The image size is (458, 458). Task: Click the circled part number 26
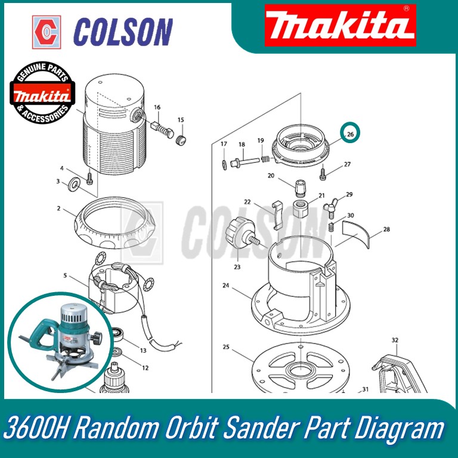pyautogui.click(x=350, y=134)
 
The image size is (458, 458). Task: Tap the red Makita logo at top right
pyautogui.click(x=341, y=26)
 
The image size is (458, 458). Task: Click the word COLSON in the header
pyautogui.click(x=123, y=32)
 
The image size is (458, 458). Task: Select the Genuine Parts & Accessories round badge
pyautogui.click(x=42, y=92)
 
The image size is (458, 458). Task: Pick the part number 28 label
pyautogui.click(x=386, y=229)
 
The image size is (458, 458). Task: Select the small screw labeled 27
pyautogui.click(x=323, y=172)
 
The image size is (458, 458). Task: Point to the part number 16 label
pyautogui.click(x=157, y=107)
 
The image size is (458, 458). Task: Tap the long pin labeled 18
pyautogui.click(x=245, y=162)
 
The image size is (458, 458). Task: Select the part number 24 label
pyautogui.click(x=226, y=286)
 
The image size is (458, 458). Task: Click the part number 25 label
pyautogui.click(x=226, y=346)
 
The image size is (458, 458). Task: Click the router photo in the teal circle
pyautogui.click(x=60, y=342)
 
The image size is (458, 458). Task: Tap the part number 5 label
pyautogui.click(x=65, y=275)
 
